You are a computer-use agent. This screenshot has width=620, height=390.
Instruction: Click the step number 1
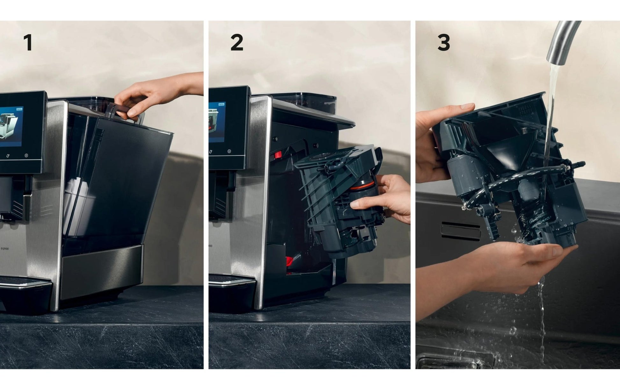[28, 43]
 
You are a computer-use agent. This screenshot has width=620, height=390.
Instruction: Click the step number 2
[237, 43]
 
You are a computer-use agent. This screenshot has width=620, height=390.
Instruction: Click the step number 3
[444, 43]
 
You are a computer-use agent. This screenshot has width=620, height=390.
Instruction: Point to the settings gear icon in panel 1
[26, 156]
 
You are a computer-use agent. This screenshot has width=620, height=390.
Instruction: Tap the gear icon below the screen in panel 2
[229, 151]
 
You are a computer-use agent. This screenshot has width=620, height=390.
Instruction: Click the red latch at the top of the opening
[278, 155]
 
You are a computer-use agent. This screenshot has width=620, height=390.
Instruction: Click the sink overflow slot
[461, 231]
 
